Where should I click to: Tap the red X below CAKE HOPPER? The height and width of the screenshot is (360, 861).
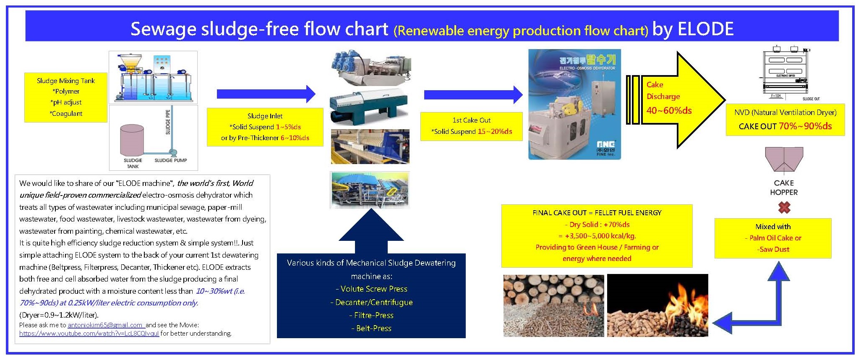tap(784, 207)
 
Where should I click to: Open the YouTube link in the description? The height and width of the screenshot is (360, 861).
tap(89, 334)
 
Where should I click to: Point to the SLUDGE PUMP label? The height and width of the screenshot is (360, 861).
tap(170, 160)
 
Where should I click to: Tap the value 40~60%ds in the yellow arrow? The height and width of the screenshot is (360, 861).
tap(669, 110)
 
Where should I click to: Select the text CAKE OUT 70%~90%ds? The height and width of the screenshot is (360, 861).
tap(785, 126)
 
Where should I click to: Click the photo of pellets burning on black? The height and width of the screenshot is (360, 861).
tap(657, 305)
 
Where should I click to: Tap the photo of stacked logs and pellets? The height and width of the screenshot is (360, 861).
tap(553, 305)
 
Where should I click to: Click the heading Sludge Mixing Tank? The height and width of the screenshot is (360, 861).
tap(66, 81)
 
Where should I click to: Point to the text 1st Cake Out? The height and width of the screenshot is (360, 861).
tap(471, 120)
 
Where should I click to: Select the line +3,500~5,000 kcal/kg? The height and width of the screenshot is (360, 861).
tap(597, 236)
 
